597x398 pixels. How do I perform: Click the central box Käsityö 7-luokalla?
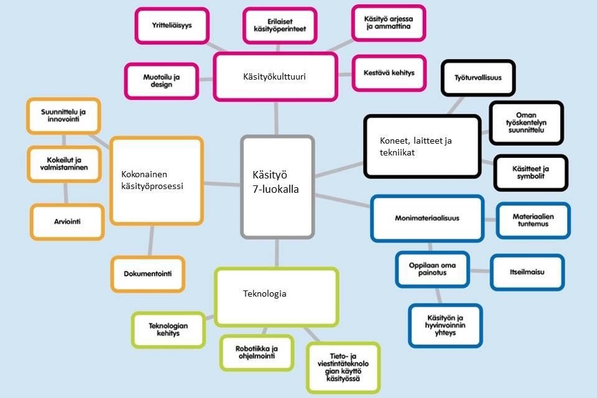[277, 187]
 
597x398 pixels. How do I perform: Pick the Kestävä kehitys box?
[389, 72]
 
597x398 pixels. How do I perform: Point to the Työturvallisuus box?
[478, 78]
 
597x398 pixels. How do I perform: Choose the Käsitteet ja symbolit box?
[530, 173]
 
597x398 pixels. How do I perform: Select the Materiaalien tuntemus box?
[533, 220]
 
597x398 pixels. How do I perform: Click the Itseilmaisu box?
[527, 272]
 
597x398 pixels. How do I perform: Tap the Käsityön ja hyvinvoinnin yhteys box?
[445, 325]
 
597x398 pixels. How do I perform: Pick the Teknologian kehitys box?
[168, 330]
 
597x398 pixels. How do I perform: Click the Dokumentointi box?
[148, 274]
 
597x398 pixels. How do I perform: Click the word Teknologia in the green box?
[265, 294]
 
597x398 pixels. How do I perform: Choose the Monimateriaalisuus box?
[427, 218]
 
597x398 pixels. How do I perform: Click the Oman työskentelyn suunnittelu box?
[526, 123]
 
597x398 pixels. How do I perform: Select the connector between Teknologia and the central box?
[277, 253]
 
